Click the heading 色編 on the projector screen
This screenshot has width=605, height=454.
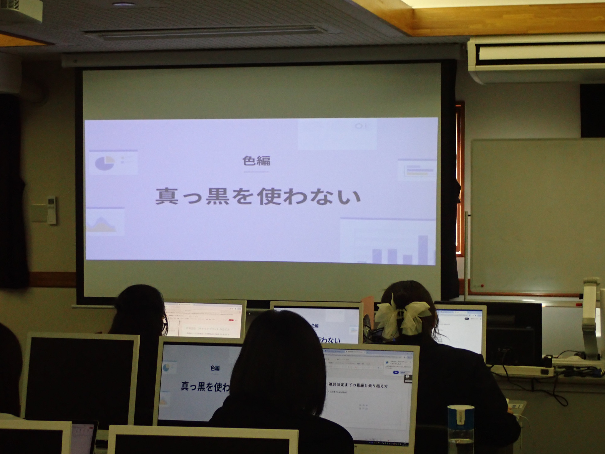pos(256,161)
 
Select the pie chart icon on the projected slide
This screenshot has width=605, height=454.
pos(105,163)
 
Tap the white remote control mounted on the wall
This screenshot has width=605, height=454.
pos(51,210)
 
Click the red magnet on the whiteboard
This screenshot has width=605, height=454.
pos(482,286)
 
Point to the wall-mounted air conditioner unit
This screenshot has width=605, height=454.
pos(536,60)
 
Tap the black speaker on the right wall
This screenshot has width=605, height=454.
pos(592,110)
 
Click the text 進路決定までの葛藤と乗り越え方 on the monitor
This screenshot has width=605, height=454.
pos(358,385)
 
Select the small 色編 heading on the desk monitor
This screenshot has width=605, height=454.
pos(215,368)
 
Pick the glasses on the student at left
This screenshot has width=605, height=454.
pos(165,327)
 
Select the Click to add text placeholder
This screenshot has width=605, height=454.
pos(338,392)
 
